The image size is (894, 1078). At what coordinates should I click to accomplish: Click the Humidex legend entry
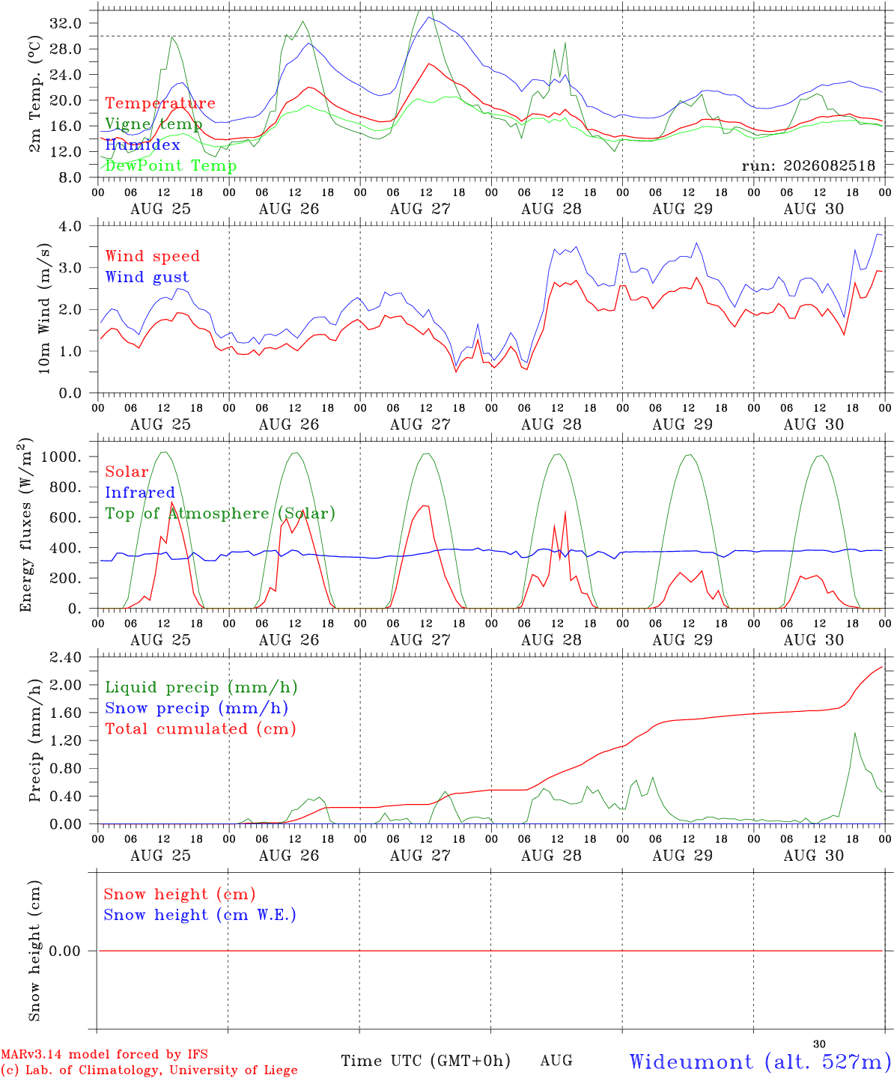click(142, 144)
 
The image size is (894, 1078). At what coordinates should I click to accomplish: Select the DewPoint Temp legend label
click(171, 165)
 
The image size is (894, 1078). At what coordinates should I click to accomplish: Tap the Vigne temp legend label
click(153, 124)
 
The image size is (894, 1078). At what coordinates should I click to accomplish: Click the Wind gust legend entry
click(148, 277)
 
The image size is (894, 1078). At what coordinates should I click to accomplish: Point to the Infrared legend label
click(140, 493)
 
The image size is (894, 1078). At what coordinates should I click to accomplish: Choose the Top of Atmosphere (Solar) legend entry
click(220, 514)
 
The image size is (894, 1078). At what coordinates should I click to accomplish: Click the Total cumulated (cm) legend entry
click(201, 729)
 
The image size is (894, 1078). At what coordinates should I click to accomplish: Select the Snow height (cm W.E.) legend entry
click(200, 915)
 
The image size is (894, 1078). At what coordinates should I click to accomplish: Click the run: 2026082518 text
click(808, 165)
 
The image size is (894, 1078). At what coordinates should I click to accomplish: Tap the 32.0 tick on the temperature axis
click(66, 23)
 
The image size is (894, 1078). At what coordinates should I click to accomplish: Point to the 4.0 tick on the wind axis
click(70, 226)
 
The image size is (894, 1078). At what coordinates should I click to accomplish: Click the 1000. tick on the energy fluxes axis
click(61, 457)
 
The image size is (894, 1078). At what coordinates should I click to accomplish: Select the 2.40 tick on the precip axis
click(66, 657)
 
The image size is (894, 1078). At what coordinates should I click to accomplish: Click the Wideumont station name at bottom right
click(691, 1062)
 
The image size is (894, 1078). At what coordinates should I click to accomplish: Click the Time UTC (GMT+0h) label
click(425, 1061)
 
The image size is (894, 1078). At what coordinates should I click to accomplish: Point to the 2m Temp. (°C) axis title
click(34, 94)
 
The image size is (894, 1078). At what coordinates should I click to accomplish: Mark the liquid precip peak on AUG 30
click(855, 733)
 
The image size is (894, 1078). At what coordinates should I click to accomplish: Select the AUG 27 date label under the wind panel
click(420, 424)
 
